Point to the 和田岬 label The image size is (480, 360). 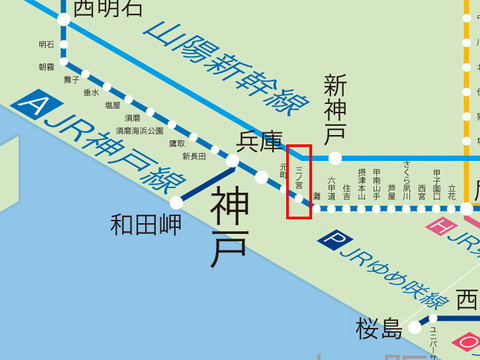[146, 223]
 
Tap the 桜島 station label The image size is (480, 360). [377, 327]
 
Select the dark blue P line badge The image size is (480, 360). [329, 240]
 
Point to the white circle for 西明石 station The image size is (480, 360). [64, 18]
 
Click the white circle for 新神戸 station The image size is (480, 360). [335, 157]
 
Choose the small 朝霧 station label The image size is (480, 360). [47, 67]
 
